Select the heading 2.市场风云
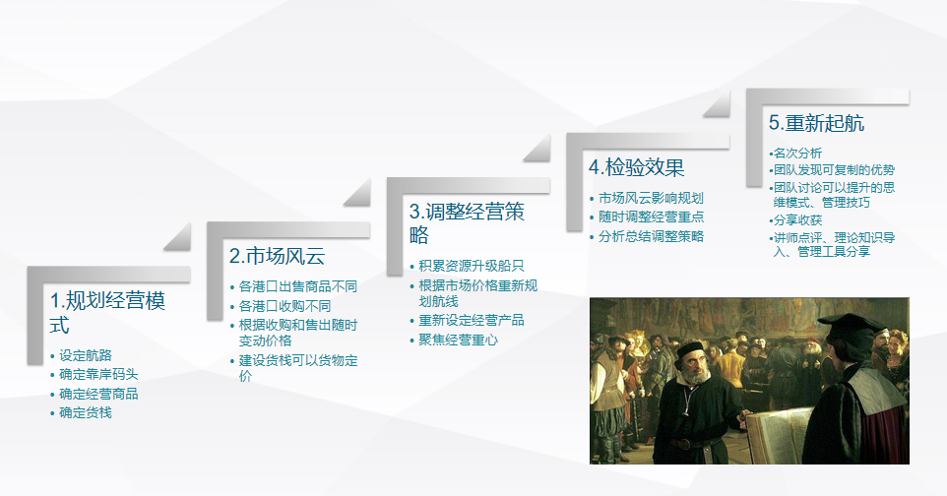277,257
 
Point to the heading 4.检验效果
636,166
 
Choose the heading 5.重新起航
816,123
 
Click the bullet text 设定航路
86,355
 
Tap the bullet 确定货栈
86,412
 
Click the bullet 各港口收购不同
284,306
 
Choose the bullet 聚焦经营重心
458,340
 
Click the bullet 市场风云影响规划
651,198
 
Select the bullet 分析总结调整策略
651,236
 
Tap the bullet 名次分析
797,153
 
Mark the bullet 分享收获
797,219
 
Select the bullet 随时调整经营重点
651,217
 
